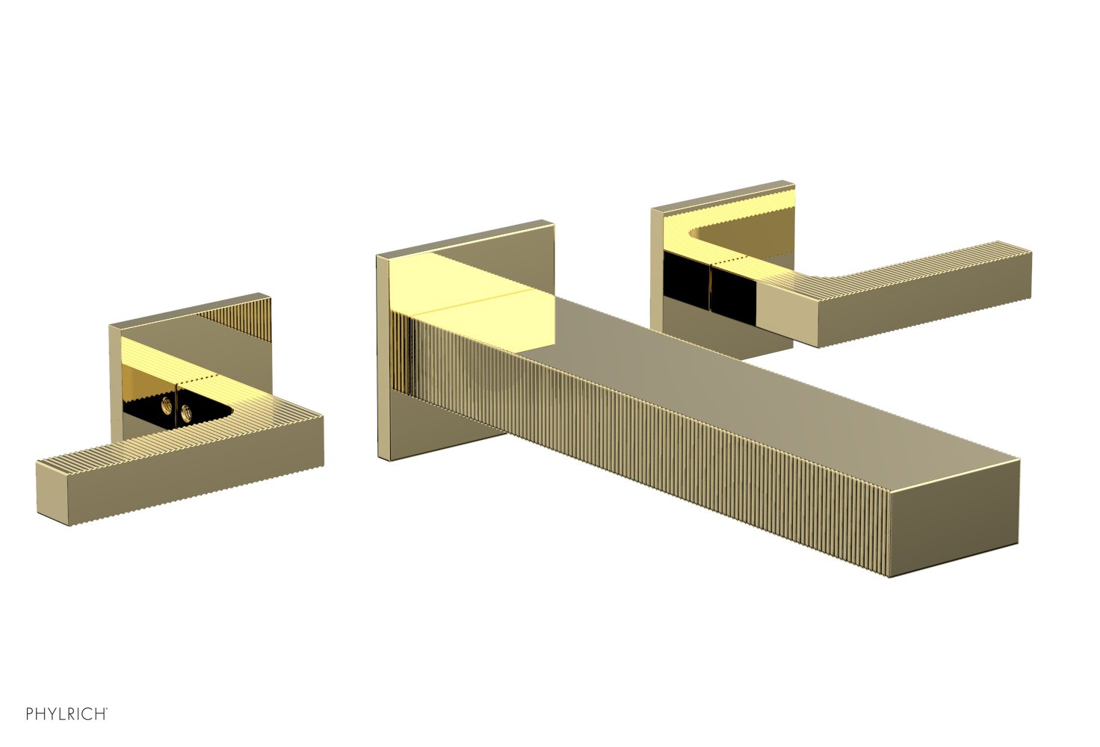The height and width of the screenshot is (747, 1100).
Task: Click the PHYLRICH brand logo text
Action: [x=66, y=714]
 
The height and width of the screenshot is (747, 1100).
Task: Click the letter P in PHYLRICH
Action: [x=30, y=714]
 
